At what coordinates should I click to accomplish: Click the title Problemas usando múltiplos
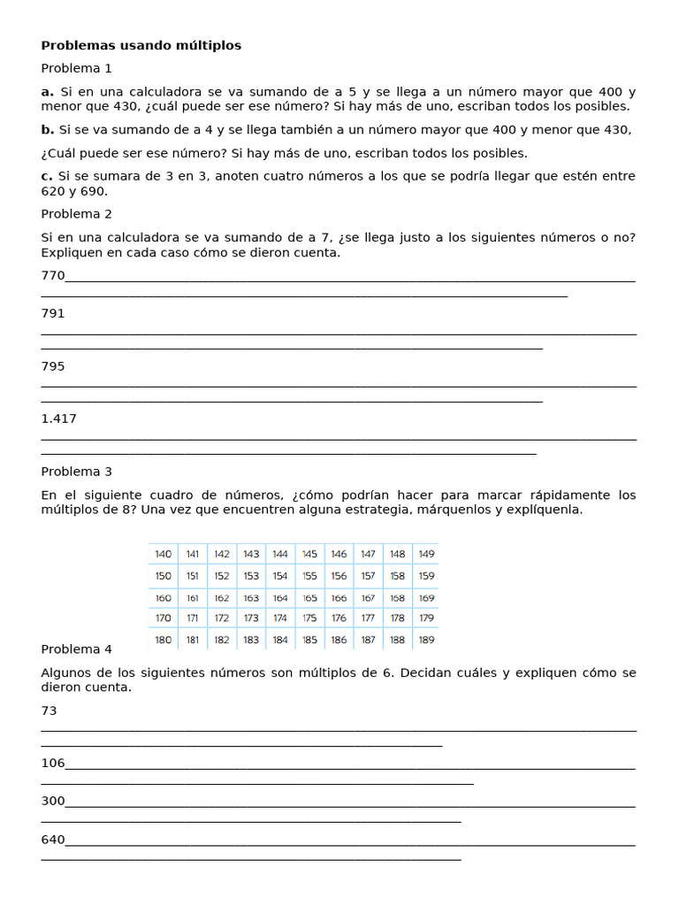click(x=141, y=45)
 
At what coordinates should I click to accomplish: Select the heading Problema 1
click(x=76, y=68)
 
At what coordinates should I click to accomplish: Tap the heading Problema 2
click(x=76, y=213)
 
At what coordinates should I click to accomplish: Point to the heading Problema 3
click(x=76, y=472)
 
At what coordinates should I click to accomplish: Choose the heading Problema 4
click(x=76, y=649)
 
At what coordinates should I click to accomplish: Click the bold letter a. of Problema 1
click(x=48, y=92)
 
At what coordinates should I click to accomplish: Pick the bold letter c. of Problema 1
click(x=48, y=176)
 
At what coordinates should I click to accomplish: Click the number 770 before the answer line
click(x=53, y=275)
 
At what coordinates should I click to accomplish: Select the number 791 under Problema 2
click(x=53, y=313)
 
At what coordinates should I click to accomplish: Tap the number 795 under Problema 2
click(x=53, y=365)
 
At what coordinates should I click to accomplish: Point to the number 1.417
click(x=58, y=418)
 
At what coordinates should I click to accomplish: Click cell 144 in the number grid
click(x=280, y=554)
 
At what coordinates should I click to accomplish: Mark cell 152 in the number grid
click(x=222, y=576)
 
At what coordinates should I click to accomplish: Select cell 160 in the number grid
click(x=164, y=598)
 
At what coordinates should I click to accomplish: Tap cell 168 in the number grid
click(x=398, y=598)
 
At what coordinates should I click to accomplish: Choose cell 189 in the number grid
click(x=427, y=640)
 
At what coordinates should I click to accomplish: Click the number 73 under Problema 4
click(x=49, y=710)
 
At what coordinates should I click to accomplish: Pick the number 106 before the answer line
click(x=53, y=763)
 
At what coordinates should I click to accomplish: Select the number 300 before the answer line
click(x=53, y=801)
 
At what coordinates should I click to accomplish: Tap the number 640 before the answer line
click(x=53, y=840)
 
